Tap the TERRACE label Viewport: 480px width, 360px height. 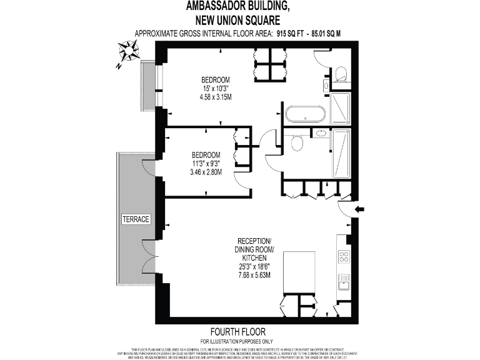136,219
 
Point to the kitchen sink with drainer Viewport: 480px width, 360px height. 343,282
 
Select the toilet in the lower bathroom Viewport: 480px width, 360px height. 296,144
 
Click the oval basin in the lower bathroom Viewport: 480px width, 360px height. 319,133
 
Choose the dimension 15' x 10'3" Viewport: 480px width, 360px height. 215,89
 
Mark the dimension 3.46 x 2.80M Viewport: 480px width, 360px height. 206,172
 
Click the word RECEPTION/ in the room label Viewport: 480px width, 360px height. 254,241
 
